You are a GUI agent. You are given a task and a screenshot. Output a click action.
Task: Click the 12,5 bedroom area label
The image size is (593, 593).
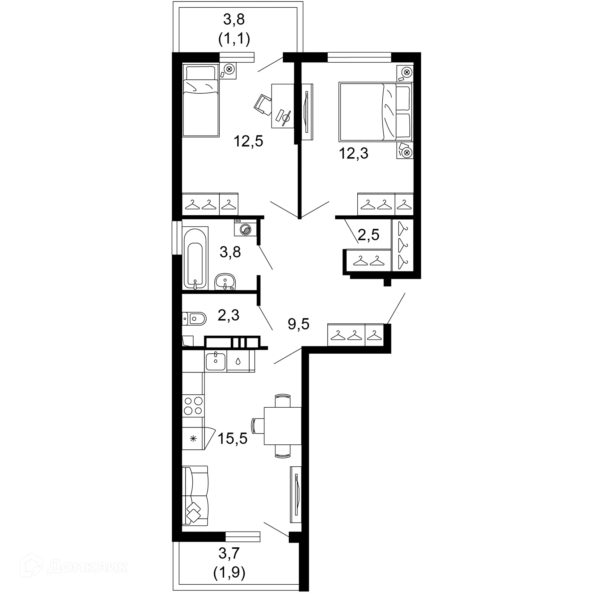pos(248,141)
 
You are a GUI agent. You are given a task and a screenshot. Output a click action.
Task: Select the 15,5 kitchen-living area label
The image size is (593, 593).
pos(233,438)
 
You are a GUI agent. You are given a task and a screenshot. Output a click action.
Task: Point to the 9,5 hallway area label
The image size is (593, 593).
pos(298,324)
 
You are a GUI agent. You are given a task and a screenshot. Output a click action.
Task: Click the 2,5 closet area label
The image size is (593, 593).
pos(368,235)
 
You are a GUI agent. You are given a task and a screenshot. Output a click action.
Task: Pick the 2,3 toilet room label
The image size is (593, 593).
pos(229,315)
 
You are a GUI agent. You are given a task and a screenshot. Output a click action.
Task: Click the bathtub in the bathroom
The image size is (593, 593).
pos(195,258)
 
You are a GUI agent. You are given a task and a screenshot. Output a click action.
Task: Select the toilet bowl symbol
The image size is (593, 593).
pos(195,318)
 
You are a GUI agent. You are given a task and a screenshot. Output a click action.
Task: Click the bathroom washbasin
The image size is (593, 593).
pos(225,282)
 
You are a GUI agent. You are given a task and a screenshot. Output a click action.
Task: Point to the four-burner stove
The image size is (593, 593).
pos(193,406)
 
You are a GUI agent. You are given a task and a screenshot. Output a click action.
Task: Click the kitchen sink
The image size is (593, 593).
pos(215,360)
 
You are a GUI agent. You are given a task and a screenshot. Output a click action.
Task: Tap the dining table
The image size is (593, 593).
pos(282,426)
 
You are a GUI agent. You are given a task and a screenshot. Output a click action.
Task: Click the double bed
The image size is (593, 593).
pos(375,111)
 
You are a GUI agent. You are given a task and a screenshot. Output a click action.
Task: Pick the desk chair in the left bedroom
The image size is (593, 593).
pos(262,105)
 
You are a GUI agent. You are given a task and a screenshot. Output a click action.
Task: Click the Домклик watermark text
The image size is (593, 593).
pos(88,566)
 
